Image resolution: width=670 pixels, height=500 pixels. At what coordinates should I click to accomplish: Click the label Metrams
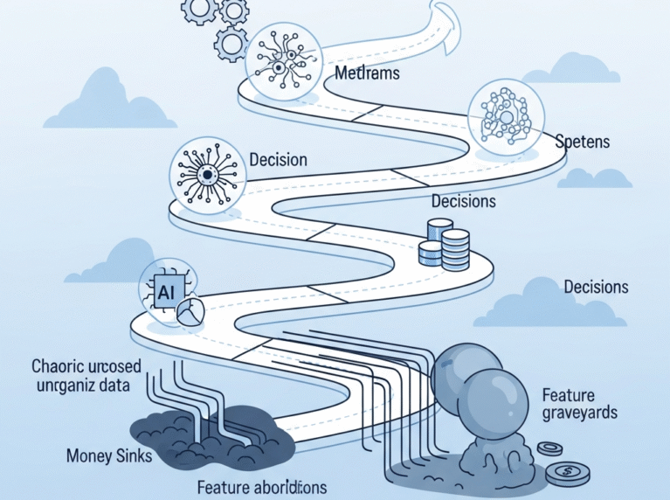point(367,73)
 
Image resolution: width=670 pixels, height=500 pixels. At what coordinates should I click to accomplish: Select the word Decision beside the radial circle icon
point(278,160)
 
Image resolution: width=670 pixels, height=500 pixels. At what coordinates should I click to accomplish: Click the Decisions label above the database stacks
point(463,201)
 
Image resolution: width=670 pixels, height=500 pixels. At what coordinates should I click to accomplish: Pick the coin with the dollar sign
point(565,474)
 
